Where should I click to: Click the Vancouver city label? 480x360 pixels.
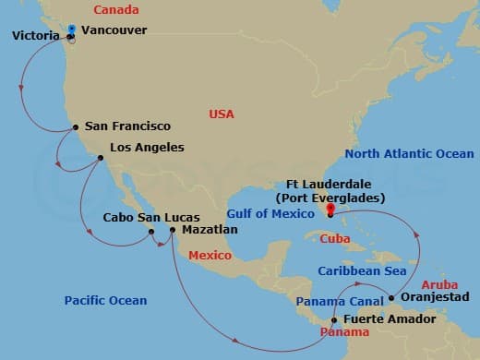coord(114,30)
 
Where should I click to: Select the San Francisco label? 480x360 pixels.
coord(127,126)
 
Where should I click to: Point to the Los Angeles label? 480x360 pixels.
coord(147,147)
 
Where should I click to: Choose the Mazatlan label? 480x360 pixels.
coord(210,229)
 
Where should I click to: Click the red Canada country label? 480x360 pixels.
coord(115,10)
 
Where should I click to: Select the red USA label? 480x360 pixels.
coord(222,114)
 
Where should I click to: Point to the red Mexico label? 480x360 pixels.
coord(210,254)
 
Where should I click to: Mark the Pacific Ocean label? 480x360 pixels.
coord(105,300)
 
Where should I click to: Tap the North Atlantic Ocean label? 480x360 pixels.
coord(409,154)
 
